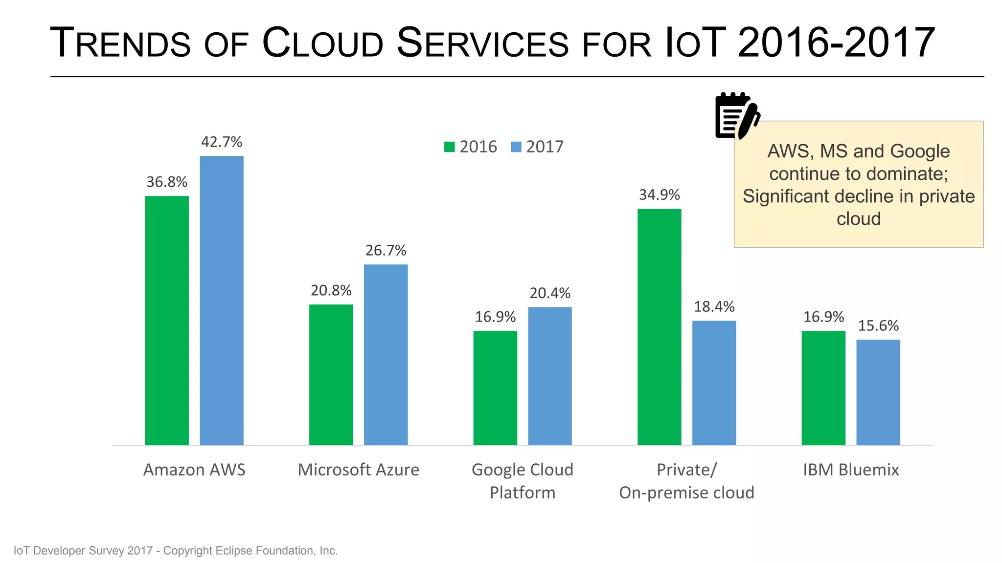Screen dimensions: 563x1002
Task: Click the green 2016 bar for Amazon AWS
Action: point(167,320)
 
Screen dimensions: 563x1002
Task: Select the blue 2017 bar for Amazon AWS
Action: point(222,300)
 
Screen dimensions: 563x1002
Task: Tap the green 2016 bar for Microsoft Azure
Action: point(331,374)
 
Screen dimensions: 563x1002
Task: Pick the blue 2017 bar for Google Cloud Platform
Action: point(550,376)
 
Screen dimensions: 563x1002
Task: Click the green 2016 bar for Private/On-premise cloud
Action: point(659,326)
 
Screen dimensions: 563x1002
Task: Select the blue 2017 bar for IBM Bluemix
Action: point(878,392)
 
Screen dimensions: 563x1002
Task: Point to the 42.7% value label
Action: point(222,142)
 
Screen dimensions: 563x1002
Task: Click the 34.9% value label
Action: point(659,195)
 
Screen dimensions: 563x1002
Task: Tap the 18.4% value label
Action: point(714,307)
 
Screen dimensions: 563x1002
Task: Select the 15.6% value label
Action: point(878,326)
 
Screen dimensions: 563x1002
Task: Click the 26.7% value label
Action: point(386,251)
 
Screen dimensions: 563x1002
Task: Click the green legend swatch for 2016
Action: point(449,147)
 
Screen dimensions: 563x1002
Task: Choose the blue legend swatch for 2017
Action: point(516,147)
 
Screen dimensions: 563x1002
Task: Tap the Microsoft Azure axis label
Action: point(358,470)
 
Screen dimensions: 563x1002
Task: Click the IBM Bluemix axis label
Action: point(851,470)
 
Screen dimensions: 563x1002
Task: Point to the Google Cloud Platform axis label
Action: point(522,481)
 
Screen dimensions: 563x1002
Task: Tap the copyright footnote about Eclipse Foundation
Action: point(176,551)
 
